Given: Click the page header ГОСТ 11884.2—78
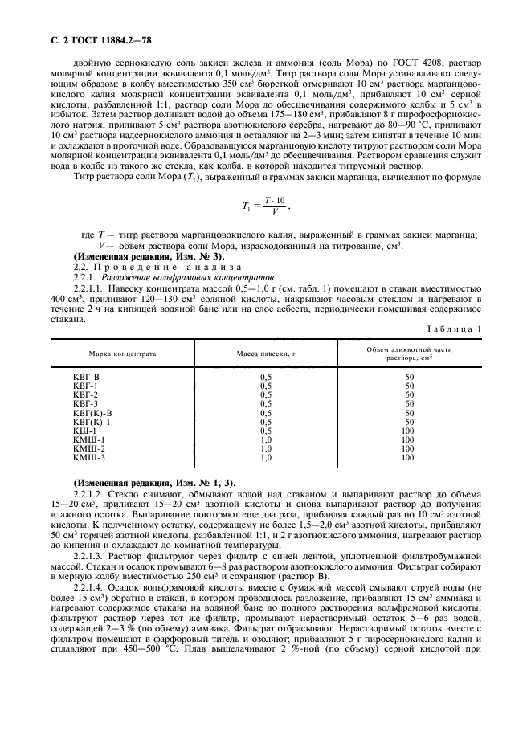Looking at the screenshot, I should [x=80, y=29].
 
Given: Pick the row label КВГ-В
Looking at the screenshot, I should [x=86, y=377].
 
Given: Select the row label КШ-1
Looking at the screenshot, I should [x=84, y=431].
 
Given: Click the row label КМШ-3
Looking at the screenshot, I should [x=89, y=457].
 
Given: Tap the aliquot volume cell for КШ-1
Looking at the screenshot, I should [x=407, y=431].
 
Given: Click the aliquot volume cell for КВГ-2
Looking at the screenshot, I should [x=409, y=395].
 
